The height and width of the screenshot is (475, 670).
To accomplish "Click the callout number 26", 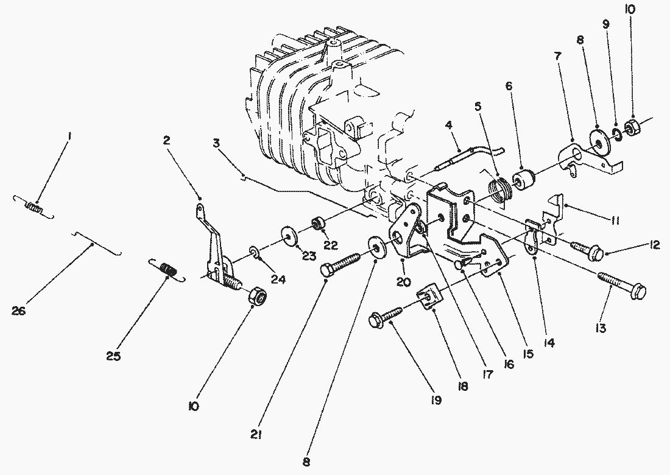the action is point(18,310).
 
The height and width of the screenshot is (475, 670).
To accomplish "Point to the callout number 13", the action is point(601,328).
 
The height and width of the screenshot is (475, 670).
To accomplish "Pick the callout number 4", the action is point(448,125).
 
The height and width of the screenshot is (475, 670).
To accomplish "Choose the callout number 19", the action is point(436,399).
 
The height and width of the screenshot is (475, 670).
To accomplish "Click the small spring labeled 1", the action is point(33,208).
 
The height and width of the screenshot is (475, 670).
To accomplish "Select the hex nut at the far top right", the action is point(631,127).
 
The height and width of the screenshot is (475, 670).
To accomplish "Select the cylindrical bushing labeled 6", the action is point(523,179).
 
